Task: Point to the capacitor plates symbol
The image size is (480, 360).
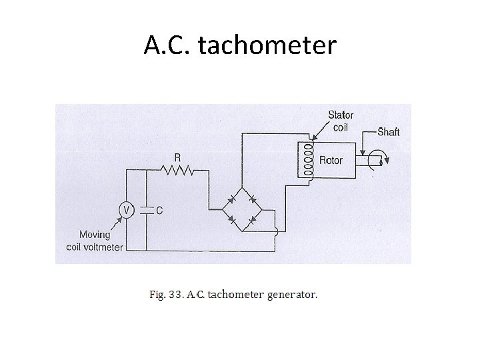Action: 145,210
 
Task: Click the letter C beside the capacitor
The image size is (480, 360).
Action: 159,211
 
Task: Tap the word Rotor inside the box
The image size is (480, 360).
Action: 331,161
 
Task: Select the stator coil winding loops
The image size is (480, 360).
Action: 308,160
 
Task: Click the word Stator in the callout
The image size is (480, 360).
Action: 341,115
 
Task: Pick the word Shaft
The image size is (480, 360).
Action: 389,131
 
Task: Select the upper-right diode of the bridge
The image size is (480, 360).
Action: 252,198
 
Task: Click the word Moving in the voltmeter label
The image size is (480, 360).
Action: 95,234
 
